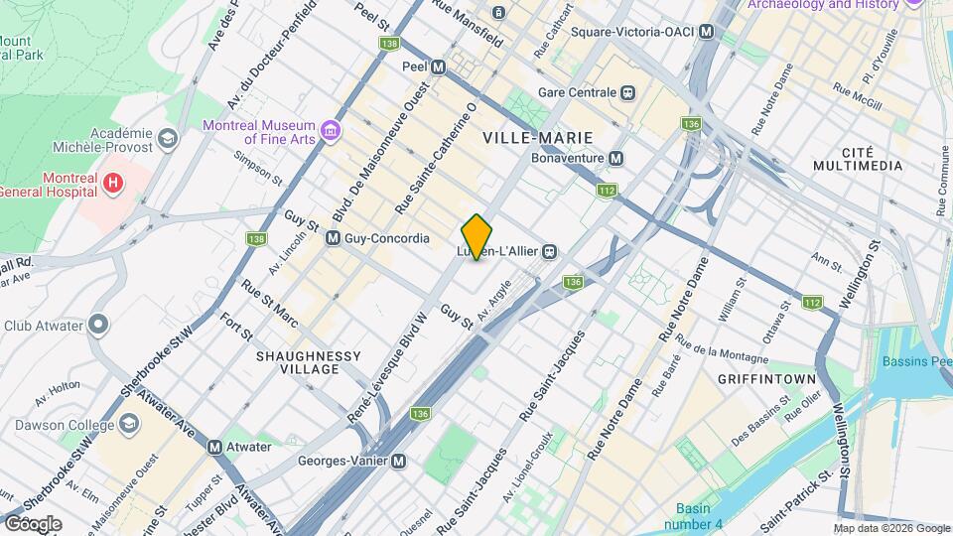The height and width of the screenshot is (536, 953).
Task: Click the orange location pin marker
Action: pyautogui.click(x=476, y=236)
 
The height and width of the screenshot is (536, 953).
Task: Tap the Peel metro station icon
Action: pyautogui.click(x=438, y=67)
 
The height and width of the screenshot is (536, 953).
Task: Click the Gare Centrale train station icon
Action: pyautogui.click(x=627, y=92)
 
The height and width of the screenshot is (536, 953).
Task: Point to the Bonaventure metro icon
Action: pyautogui.click(x=616, y=158)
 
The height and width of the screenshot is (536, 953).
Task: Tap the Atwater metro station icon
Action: pyautogui.click(x=214, y=447)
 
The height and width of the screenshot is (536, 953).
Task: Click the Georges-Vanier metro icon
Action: pyautogui.click(x=398, y=461)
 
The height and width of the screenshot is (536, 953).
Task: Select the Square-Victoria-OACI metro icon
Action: pyautogui.click(x=706, y=32)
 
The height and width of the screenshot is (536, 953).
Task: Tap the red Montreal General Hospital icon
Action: pyautogui.click(x=113, y=183)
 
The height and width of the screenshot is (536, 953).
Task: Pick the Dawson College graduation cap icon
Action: pyautogui.click(x=129, y=425)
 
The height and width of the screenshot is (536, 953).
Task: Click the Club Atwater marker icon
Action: pyautogui.click(x=97, y=325)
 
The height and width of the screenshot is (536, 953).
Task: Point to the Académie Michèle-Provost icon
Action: pyautogui.click(x=166, y=138)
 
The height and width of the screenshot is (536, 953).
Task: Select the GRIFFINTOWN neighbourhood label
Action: pyautogui.click(x=766, y=379)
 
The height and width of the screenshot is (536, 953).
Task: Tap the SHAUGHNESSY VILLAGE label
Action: pyautogui.click(x=309, y=362)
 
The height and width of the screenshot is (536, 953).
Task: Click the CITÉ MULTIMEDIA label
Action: pyautogui.click(x=858, y=159)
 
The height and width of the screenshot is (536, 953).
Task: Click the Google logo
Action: pyautogui.click(x=33, y=524)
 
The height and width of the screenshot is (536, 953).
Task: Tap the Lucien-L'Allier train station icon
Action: pyautogui.click(x=548, y=252)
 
